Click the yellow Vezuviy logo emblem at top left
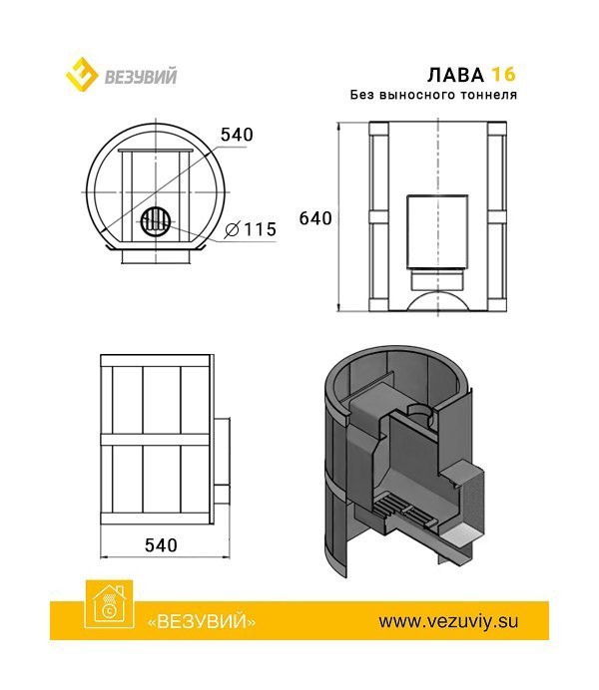coord(80,75)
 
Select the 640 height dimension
coord(314,218)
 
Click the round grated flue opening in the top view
coord(154,220)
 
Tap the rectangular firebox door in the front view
coord(437,229)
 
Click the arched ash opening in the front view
coord(437,297)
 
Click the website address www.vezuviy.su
coord(448,620)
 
